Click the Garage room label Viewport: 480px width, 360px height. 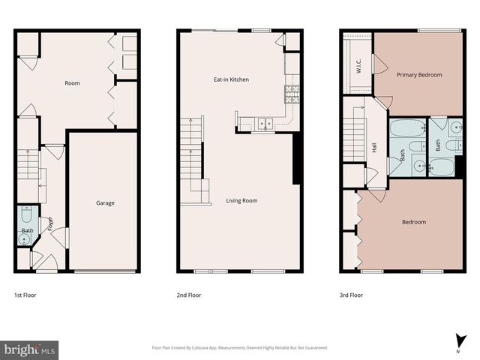(104, 203)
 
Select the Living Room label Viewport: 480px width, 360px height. (242, 200)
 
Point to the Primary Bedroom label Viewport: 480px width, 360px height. (419, 75)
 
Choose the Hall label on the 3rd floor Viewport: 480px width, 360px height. (375, 148)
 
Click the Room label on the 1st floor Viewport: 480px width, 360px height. (72, 83)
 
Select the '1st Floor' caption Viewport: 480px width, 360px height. (25, 295)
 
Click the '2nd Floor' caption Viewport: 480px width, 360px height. (188, 295)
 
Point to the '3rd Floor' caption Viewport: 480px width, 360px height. (351, 295)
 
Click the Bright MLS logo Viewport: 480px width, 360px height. (30, 349)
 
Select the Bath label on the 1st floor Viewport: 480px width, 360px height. (28, 230)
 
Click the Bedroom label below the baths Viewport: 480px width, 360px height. (414, 222)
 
